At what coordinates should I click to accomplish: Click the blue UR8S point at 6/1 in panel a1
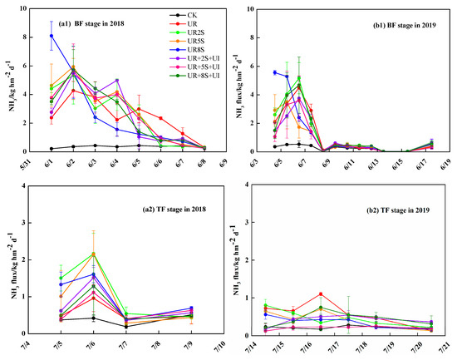click(52, 36)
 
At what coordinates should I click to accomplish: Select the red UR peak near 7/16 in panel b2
click(321, 294)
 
